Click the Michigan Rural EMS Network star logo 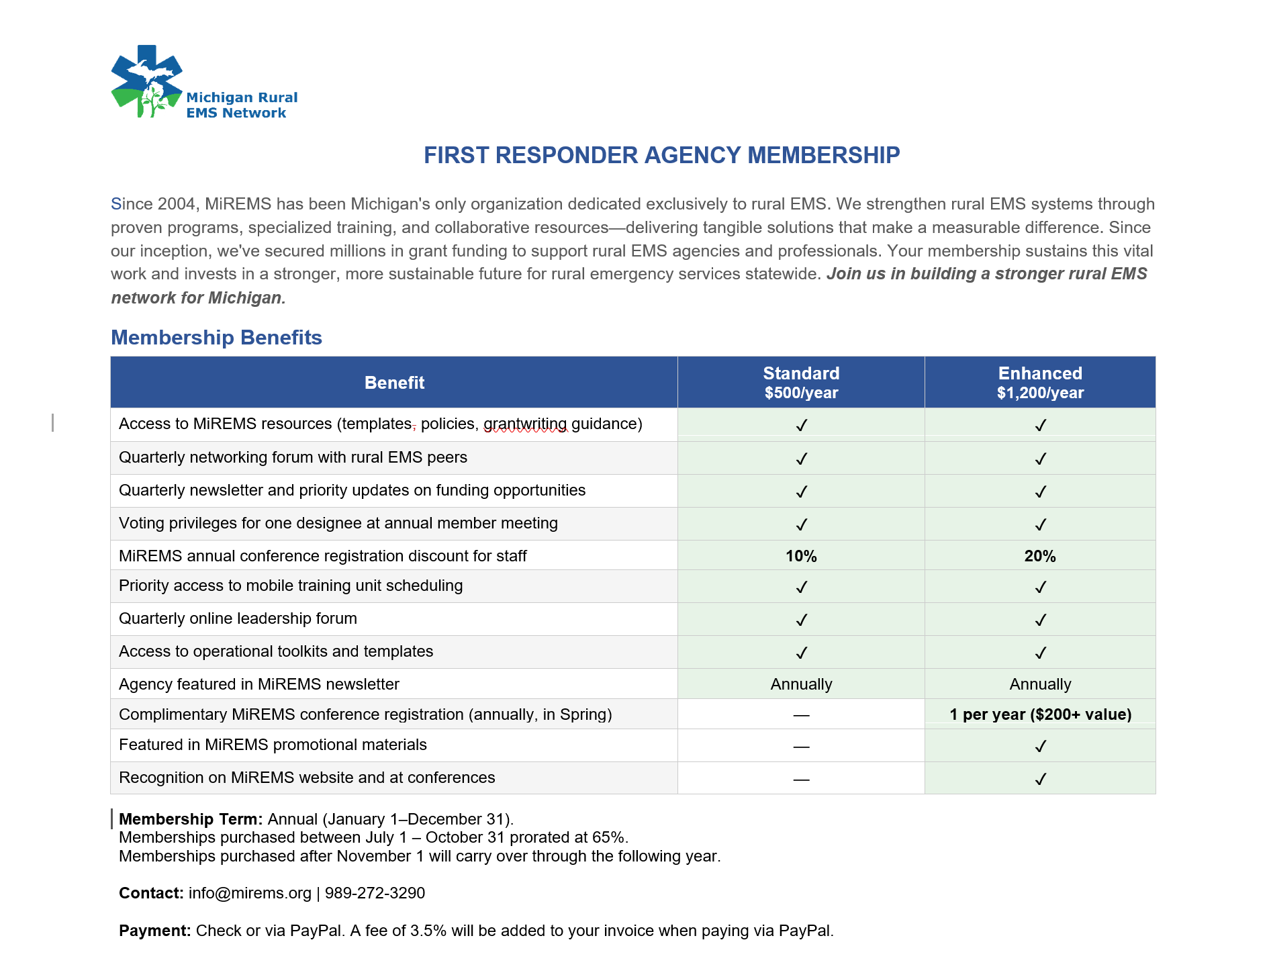pos(146,81)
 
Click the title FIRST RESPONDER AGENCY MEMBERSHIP pos(661,155)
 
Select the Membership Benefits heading pos(216,337)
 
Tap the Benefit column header pos(394,383)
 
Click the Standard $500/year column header pos(801,383)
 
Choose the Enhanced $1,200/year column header pos(1040,383)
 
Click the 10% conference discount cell pos(801,556)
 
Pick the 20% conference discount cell pos(1040,556)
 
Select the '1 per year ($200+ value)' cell pos(1040,714)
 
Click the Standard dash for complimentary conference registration pos(801,715)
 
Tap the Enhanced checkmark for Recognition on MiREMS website pos(1040,779)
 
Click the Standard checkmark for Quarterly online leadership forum pos(801,620)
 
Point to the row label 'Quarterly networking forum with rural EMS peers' pos(293,457)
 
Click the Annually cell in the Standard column pos(801,684)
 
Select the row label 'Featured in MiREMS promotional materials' pos(273,745)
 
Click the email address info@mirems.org pos(250,893)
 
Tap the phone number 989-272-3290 pos(375,893)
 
